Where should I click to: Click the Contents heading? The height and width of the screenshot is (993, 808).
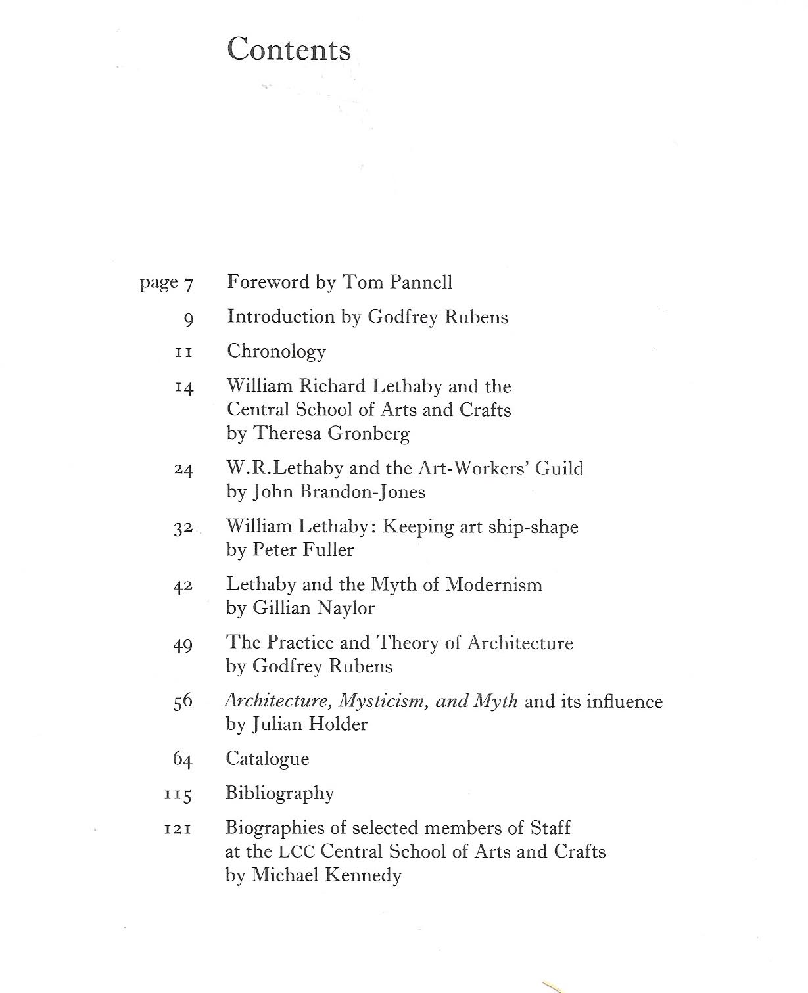tap(289, 50)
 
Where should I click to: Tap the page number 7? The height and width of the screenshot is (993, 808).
tap(188, 285)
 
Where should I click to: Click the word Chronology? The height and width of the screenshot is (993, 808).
tap(276, 352)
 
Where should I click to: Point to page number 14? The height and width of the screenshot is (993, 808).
tap(184, 388)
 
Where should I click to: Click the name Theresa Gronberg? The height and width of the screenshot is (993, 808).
tap(332, 434)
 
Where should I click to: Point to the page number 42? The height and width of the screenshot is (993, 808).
tap(183, 586)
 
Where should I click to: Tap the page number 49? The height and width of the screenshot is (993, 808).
tap(183, 645)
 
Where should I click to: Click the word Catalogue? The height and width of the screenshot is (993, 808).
tap(267, 759)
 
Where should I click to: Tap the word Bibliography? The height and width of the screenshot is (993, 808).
tap(279, 794)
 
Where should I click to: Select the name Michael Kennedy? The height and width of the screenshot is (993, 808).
tap(327, 875)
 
